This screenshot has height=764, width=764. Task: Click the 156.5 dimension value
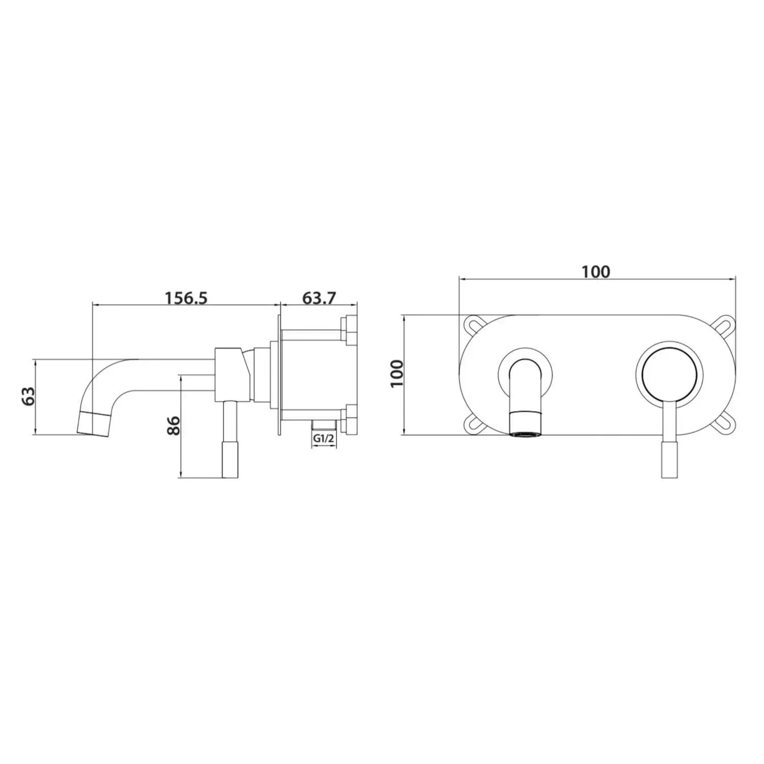pyautogui.click(x=186, y=297)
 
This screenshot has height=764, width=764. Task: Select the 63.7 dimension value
pyautogui.click(x=319, y=297)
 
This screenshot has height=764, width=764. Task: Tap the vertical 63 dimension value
pyautogui.click(x=29, y=396)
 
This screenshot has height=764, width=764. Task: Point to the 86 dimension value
pyautogui.click(x=174, y=425)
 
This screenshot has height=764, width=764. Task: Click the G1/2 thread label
pyautogui.click(x=324, y=438)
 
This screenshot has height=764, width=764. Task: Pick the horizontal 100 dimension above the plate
pyautogui.click(x=596, y=271)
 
